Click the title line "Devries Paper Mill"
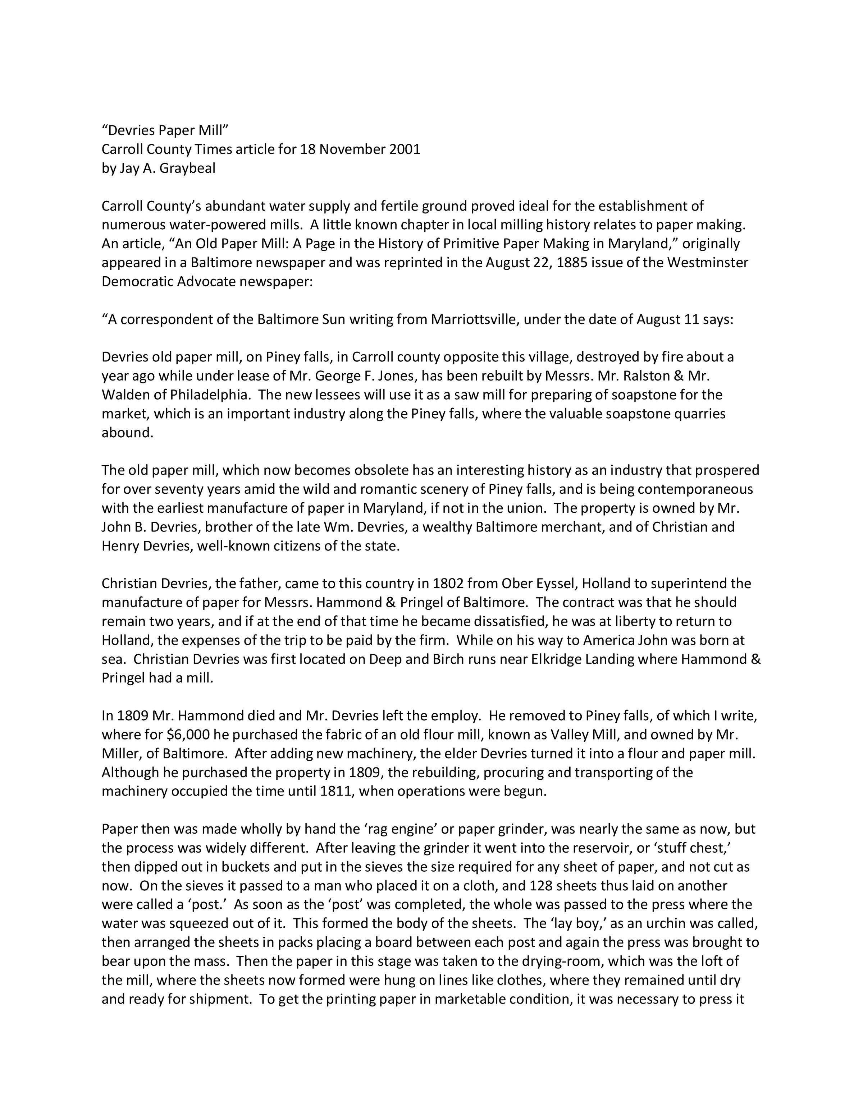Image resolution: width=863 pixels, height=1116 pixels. click(x=165, y=130)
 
